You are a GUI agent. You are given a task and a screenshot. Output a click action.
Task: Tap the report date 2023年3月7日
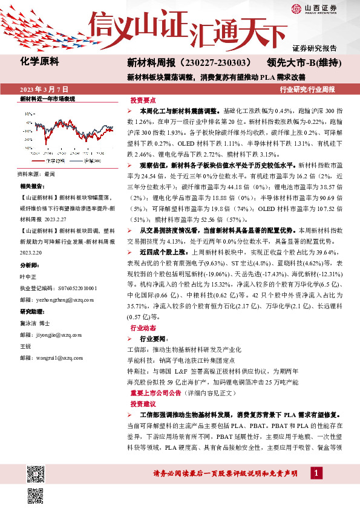coord(44,89)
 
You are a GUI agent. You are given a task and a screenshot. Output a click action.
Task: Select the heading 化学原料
coord(39,62)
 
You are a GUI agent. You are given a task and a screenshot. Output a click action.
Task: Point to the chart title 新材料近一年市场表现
coord(47,98)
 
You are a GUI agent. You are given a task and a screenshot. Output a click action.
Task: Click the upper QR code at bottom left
coord(36,471)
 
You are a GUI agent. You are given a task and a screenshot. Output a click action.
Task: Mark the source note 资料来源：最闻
coord(36,173)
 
